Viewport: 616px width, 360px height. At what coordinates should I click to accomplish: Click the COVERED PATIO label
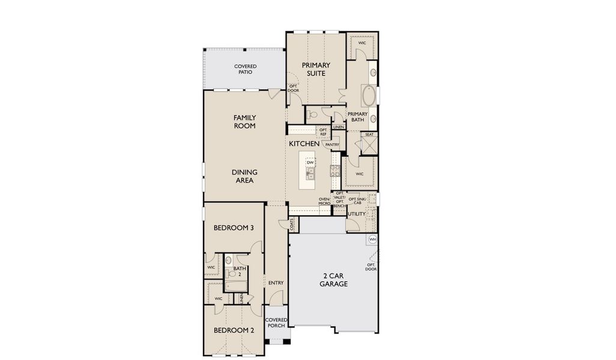(x=245, y=69)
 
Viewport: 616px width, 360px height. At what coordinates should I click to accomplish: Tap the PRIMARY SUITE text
(x=313, y=69)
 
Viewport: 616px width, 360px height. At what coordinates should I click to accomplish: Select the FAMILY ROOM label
(x=244, y=122)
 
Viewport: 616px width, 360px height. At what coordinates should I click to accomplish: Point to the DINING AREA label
(x=244, y=176)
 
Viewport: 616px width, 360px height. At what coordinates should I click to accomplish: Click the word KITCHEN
(x=304, y=144)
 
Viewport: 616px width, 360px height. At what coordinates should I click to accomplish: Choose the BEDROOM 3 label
(x=234, y=228)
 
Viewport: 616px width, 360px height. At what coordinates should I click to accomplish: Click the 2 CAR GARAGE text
(x=333, y=280)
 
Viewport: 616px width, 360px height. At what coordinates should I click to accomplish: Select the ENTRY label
(x=276, y=283)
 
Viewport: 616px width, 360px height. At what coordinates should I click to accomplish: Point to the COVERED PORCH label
(x=276, y=323)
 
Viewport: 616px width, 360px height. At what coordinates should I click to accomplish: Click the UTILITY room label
(x=357, y=214)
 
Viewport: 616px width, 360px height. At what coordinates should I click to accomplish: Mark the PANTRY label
(x=332, y=145)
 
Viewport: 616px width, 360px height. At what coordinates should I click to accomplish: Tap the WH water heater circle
(x=372, y=239)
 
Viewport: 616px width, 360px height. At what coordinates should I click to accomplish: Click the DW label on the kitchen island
(x=310, y=163)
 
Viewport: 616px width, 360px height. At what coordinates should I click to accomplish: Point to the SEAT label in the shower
(x=369, y=134)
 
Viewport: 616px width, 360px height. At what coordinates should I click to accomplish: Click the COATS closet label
(x=292, y=224)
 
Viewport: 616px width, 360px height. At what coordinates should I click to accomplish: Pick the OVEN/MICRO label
(x=324, y=202)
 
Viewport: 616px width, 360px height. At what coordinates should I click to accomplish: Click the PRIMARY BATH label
(x=357, y=116)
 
